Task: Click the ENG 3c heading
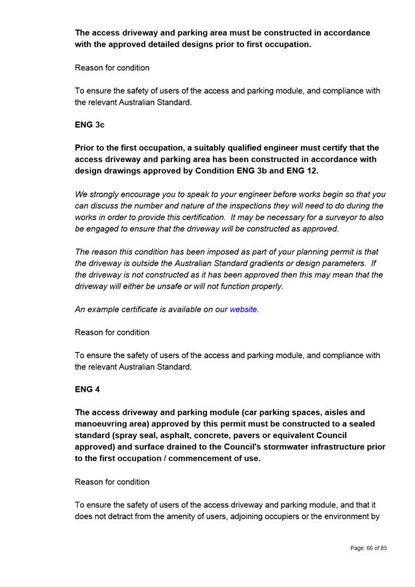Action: pos(89,125)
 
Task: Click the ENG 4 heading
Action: pos(87,390)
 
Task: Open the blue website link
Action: pos(244,310)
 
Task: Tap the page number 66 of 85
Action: pos(368,548)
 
